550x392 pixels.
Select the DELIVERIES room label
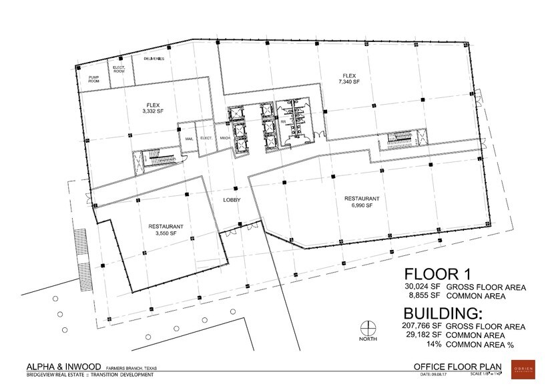(x=154, y=59)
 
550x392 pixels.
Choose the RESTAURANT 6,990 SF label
(x=362, y=202)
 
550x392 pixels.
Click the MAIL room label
(x=189, y=138)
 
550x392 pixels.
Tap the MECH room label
(x=224, y=138)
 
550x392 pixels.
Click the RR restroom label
(x=284, y=122)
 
